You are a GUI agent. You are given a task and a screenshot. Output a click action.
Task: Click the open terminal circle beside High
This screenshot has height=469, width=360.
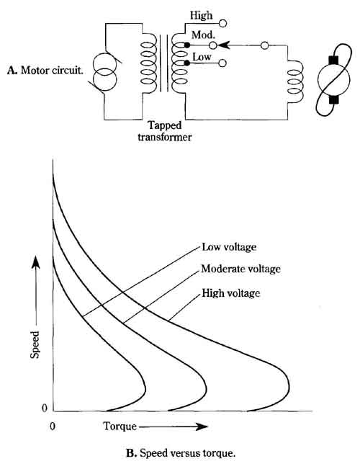pyautogui.click(x=222, y=23)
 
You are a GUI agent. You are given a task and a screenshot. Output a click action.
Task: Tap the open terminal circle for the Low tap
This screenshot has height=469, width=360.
pyautogui.click(x=222, y=63)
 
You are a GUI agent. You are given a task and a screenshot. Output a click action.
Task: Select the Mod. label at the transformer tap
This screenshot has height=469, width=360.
pyautogui.click(x=203, y=35)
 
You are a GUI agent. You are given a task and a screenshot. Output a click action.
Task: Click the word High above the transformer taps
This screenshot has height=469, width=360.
pyautogui.click(x=201, y=15)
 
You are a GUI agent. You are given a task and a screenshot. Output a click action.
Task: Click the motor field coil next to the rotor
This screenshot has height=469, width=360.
pyautogui.click(x=296, y=81)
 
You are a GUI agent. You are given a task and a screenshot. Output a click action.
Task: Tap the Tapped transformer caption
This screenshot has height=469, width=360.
pyautogui.click(x=165, y=131)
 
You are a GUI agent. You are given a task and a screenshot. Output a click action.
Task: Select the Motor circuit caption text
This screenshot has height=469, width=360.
pyautogui.click(x=45, y=71)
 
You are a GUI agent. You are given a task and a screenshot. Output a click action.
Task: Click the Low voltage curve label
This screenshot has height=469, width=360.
pyautogui.click(x=229, y=247)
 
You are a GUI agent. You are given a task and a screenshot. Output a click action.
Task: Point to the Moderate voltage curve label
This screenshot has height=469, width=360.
pyautogui.click(x=241, y=269)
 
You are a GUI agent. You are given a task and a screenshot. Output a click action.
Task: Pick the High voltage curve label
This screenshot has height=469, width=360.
pyautogui.click(x=231, y=292)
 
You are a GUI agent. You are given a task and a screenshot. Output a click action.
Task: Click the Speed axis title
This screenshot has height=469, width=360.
pyautogui.click(x=35, y=344)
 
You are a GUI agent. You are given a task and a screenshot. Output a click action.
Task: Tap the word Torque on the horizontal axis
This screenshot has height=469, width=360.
pyautogui.click(x=120, y=426)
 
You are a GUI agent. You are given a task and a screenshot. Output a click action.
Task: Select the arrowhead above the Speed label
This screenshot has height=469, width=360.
pyautogui.click(x=35, y=262)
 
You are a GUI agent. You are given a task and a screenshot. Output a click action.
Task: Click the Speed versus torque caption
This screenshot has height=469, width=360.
pyautogui.click(x=181, y=453)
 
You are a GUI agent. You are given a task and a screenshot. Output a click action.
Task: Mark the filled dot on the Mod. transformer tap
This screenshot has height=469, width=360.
pyautogui.click(x=187, y=45)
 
